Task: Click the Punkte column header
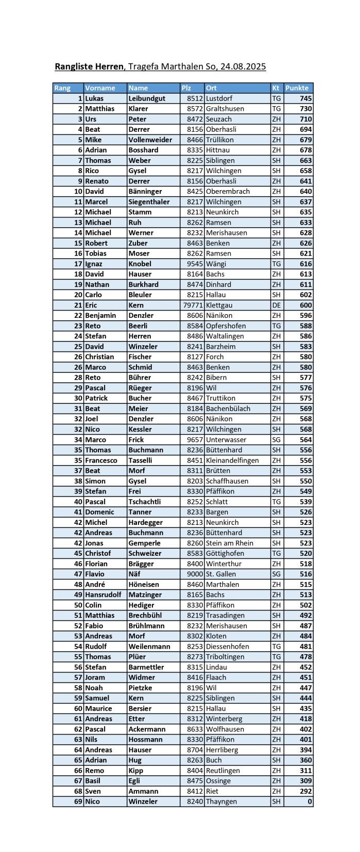point(297,88)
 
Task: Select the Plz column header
point(186,88)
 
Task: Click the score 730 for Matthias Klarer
point(305,109)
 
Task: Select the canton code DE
point(277,305)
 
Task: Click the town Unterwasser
point(226,439)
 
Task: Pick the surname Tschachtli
point(145,502)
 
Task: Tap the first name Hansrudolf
point(103,594)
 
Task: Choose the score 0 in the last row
point(310,802)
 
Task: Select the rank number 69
point(78,802)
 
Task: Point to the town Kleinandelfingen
point(232,460)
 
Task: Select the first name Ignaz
point(94,264)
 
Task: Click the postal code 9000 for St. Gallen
point(195,574)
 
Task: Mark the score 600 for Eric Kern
point(305,305)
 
